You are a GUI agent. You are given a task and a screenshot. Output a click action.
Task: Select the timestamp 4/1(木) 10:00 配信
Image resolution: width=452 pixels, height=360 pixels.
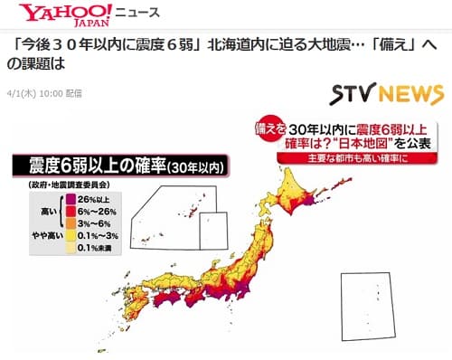pos(43,91)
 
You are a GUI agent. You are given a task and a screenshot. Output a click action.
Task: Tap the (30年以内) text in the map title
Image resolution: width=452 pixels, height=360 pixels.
pos(188,167)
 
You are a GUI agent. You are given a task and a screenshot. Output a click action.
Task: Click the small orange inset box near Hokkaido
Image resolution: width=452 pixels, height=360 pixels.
pos(213,230)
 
